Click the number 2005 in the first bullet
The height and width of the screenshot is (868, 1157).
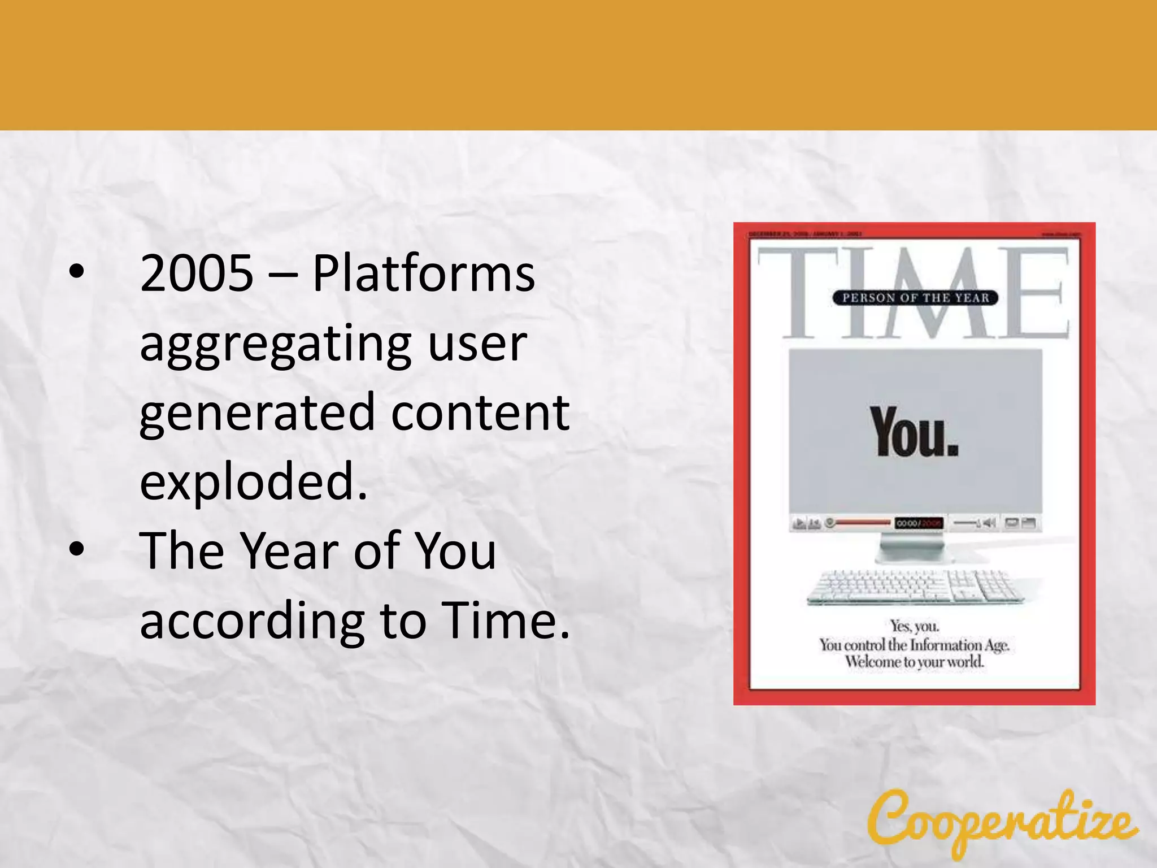197,274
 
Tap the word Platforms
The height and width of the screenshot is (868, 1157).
424,274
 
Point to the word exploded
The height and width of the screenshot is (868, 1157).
253,481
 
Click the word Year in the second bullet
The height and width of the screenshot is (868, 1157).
289,551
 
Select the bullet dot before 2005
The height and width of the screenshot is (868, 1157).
77,273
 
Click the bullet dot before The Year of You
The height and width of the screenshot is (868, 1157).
77,549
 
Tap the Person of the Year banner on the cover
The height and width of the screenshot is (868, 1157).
915,298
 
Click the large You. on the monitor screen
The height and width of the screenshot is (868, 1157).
914,432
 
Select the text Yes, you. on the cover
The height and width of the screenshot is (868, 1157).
914,626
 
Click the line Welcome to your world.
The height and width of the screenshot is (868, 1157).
914,661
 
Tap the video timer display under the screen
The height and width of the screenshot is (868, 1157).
919,523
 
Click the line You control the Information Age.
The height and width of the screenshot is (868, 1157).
914,644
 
